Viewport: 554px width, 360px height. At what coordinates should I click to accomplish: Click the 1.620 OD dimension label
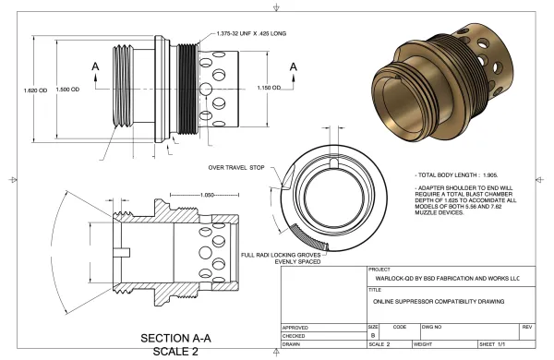35,90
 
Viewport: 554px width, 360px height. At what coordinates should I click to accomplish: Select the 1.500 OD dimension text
67,90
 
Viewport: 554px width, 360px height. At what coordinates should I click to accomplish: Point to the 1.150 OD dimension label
269,88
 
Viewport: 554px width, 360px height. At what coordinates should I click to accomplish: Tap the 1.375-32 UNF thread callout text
251,33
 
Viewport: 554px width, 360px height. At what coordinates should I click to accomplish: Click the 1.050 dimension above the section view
207,195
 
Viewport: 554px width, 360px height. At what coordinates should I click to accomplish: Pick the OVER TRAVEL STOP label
236,167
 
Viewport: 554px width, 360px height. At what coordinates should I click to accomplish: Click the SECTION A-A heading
175,338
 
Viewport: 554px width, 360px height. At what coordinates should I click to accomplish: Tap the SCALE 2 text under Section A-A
175,352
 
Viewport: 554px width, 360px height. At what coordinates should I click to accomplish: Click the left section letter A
95,66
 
